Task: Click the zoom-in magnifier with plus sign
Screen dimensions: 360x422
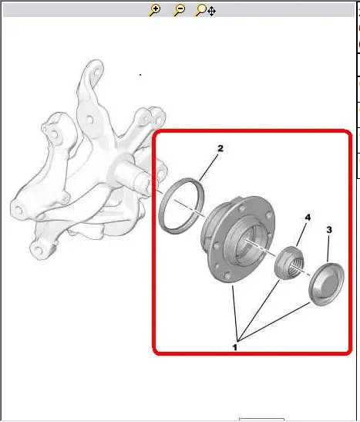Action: click(x=155, y=10)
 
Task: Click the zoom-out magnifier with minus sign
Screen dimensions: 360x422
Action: click(x=179, y=10)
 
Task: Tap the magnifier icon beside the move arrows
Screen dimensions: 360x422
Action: click(x=200, y=10)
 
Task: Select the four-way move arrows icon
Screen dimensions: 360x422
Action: click(x=211, y=12)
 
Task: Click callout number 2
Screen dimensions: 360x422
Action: click(x=220, y=148)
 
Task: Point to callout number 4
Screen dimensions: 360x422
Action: click(x=308, y=218)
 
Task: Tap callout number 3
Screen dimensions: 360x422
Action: click(x=329, y=230)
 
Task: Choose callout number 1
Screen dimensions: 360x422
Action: click(x=234, y=347)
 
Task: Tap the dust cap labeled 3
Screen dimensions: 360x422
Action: click(x=326, y=284)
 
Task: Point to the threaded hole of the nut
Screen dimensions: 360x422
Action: click(x=296, y=267)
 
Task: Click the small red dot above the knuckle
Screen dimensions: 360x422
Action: click(x=140, y=75)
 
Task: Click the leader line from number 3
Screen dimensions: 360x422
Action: click(x=328, y=248)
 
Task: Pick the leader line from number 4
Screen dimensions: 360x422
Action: click(x=301, y=234)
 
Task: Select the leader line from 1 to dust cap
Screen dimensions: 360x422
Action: click(x=274, y=322)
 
